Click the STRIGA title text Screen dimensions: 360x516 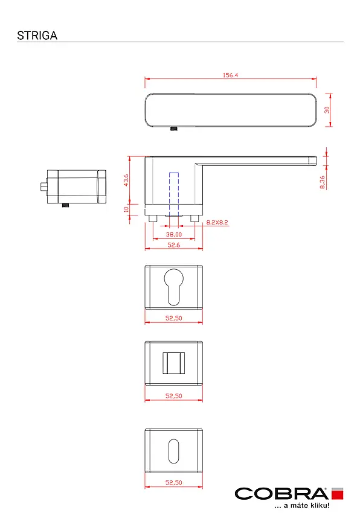pyautogui.click(x=37, y=36)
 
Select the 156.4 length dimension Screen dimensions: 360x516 pyautogui.click(x=230, y=75)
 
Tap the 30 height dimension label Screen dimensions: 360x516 pyautogui.click(x=327, y=110)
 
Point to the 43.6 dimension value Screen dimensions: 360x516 pyautogui.click(x=126, y=180)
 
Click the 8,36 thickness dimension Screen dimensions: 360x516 pyautogui.click(x=322, y=182)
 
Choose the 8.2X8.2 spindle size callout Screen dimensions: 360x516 pyautogui.click(x=217, y=223)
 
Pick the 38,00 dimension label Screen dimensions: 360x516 pyautogui.click(x=173, y=234)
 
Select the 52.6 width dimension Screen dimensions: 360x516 pyautogui.click(x=173, y=245)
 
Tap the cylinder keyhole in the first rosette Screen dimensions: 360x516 pyautogui.click(x=173, y=287)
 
